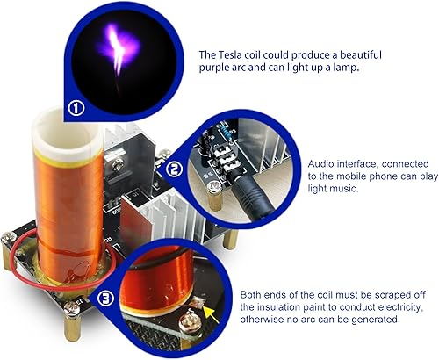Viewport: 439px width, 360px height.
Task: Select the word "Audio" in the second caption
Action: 322,162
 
